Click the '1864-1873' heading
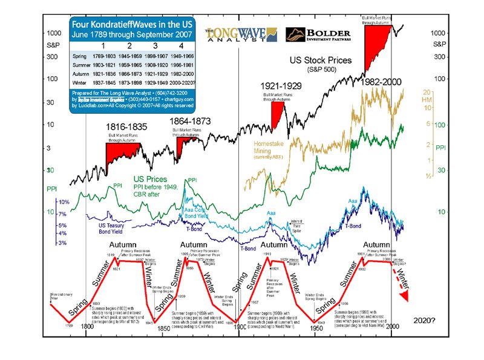[191, 121]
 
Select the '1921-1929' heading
[281, 87]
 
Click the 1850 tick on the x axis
[163, 327]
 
